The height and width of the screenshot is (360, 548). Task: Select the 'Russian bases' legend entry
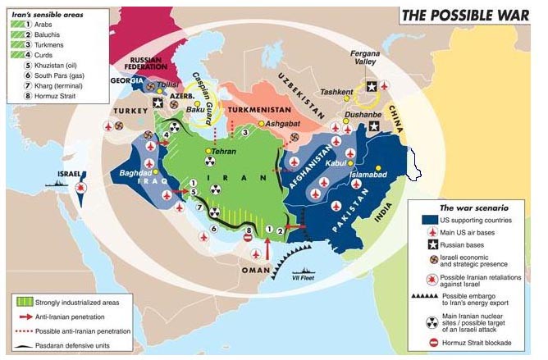[467, 244]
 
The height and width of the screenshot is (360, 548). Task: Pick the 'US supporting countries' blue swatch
[429, 220]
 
